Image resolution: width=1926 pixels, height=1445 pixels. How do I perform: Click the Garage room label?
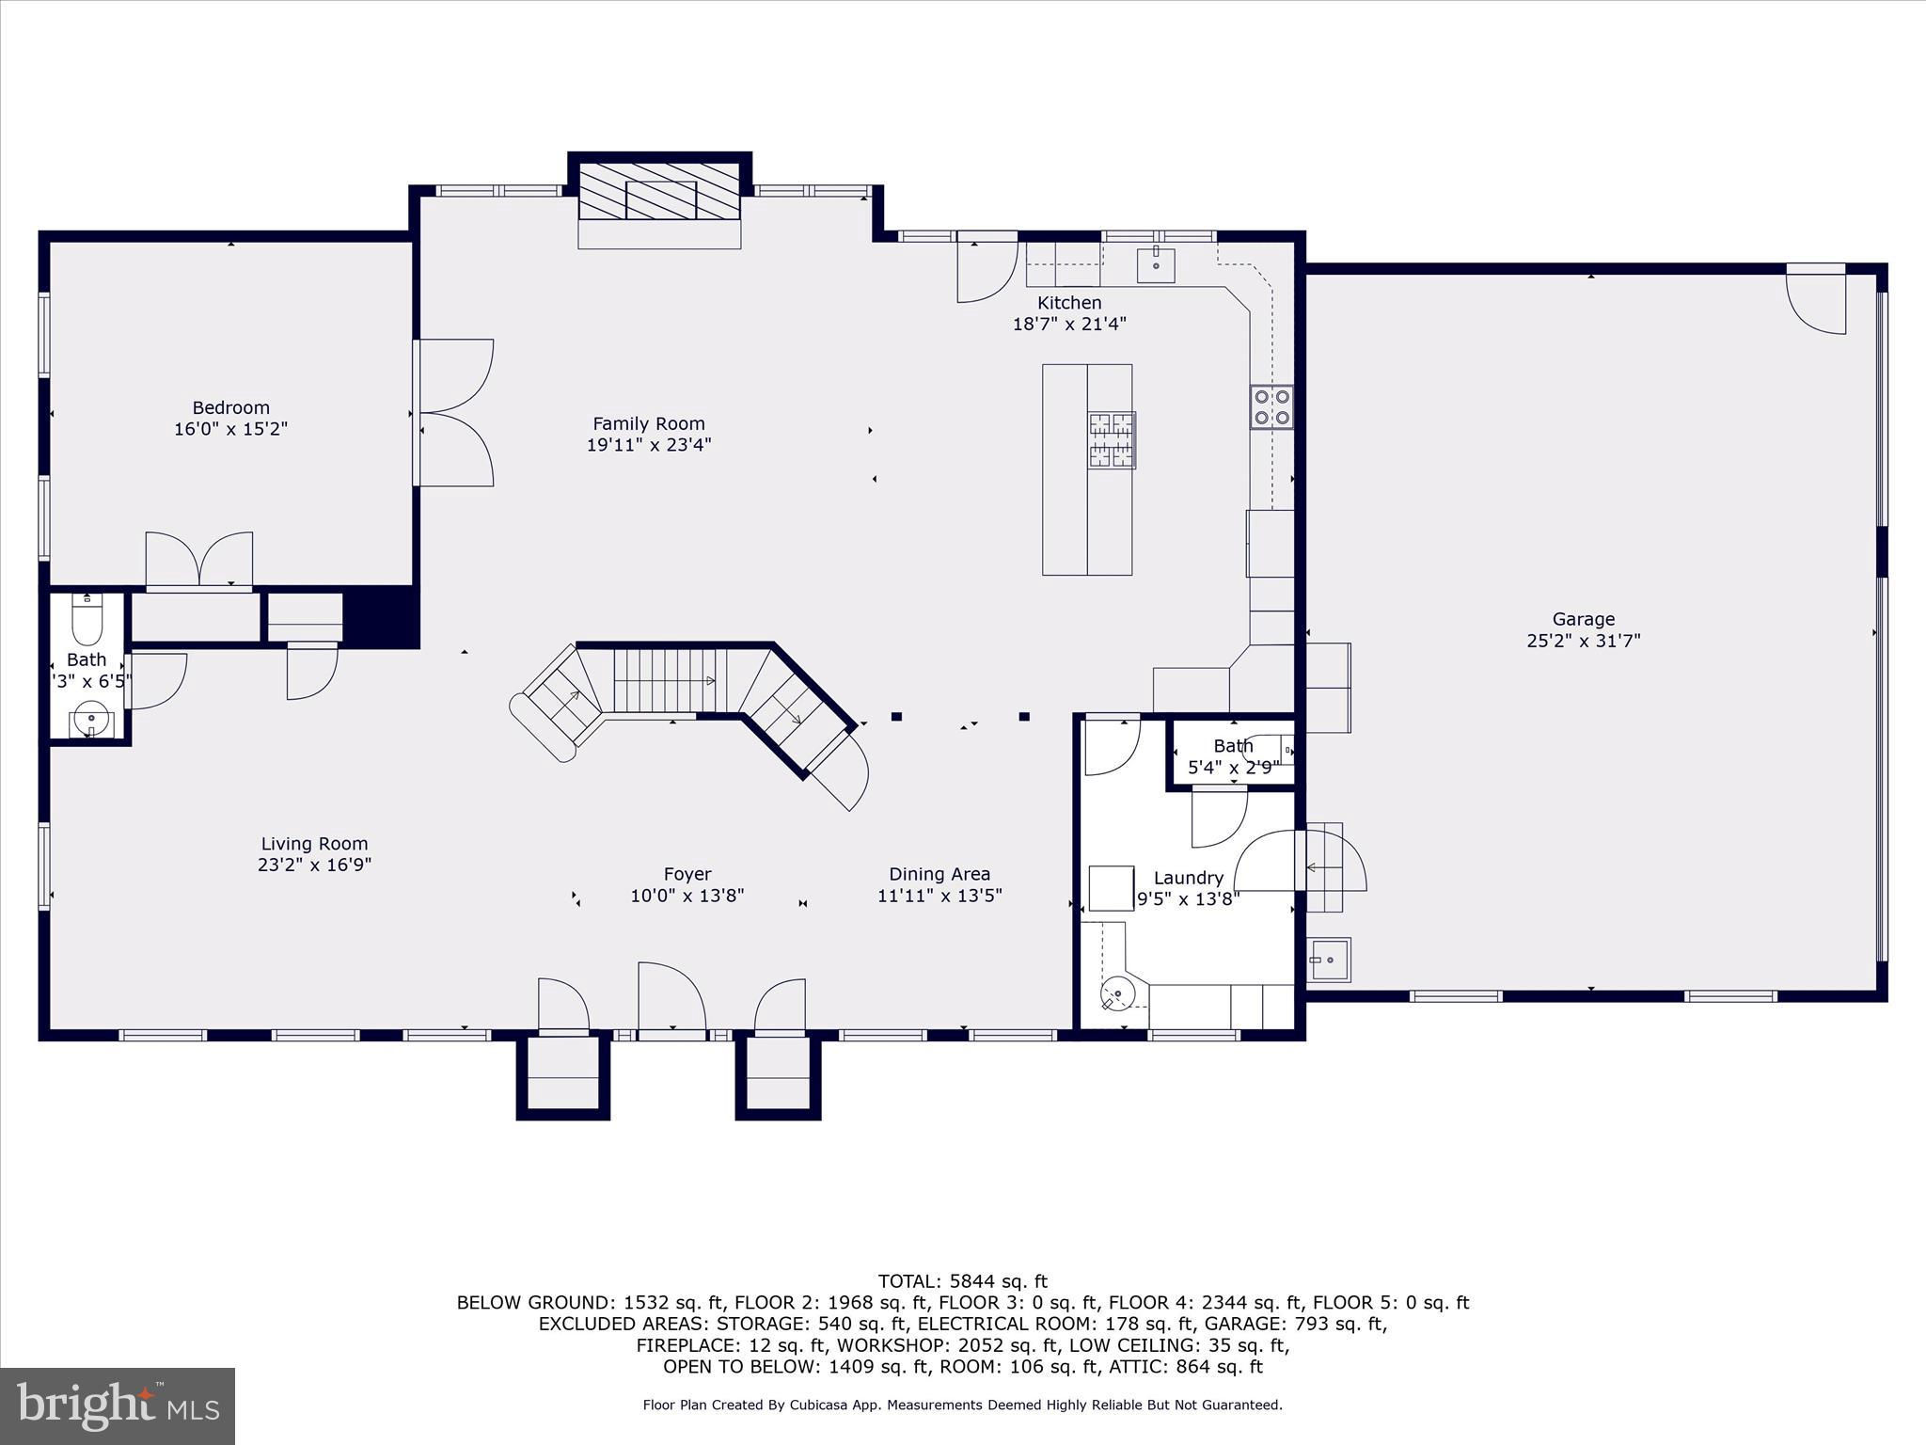1584,619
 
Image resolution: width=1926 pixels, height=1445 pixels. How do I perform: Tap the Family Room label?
649,423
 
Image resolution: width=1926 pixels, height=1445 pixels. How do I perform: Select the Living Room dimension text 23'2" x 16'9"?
315,865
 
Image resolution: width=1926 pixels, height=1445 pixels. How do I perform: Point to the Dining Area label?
939,874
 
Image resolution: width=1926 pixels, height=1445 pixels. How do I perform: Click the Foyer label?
687,874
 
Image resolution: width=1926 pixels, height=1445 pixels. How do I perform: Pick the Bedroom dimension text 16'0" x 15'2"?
230,429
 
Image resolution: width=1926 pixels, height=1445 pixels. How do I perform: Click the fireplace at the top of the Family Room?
660,200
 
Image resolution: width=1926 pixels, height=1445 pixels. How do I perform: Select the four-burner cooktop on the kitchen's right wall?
1271,407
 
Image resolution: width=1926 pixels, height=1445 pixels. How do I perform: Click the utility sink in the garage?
1329,960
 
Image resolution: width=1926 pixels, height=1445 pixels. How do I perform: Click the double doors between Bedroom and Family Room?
454,413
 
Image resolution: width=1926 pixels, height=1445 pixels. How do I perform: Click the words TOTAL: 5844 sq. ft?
962,1280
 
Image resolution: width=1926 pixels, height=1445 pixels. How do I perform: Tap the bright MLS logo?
118,1405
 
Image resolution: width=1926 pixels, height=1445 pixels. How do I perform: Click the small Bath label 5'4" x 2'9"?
1233,768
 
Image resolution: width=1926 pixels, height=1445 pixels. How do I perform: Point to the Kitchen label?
1069,303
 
